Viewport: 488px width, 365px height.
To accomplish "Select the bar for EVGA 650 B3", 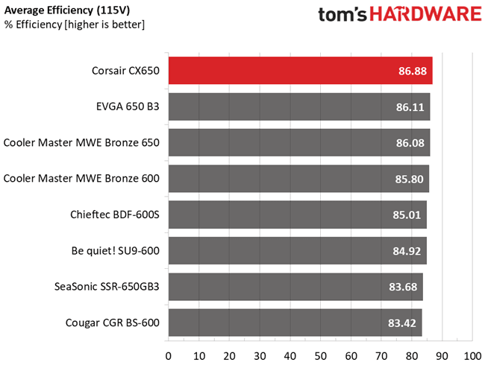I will pos(298,107).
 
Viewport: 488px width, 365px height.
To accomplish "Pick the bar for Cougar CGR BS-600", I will pos(295,323).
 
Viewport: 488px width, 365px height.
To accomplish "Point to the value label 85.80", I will pos(409,180).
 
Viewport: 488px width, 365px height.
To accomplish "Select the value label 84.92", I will pos(407,252).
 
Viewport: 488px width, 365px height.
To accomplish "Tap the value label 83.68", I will pos(405,288).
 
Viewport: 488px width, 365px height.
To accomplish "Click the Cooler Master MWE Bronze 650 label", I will pos(82,142).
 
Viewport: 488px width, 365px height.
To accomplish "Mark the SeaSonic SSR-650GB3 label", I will pos(107,287).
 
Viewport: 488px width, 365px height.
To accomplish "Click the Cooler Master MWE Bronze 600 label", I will pos(82,179).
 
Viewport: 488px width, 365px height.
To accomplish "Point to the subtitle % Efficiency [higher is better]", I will pos(75,25).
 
